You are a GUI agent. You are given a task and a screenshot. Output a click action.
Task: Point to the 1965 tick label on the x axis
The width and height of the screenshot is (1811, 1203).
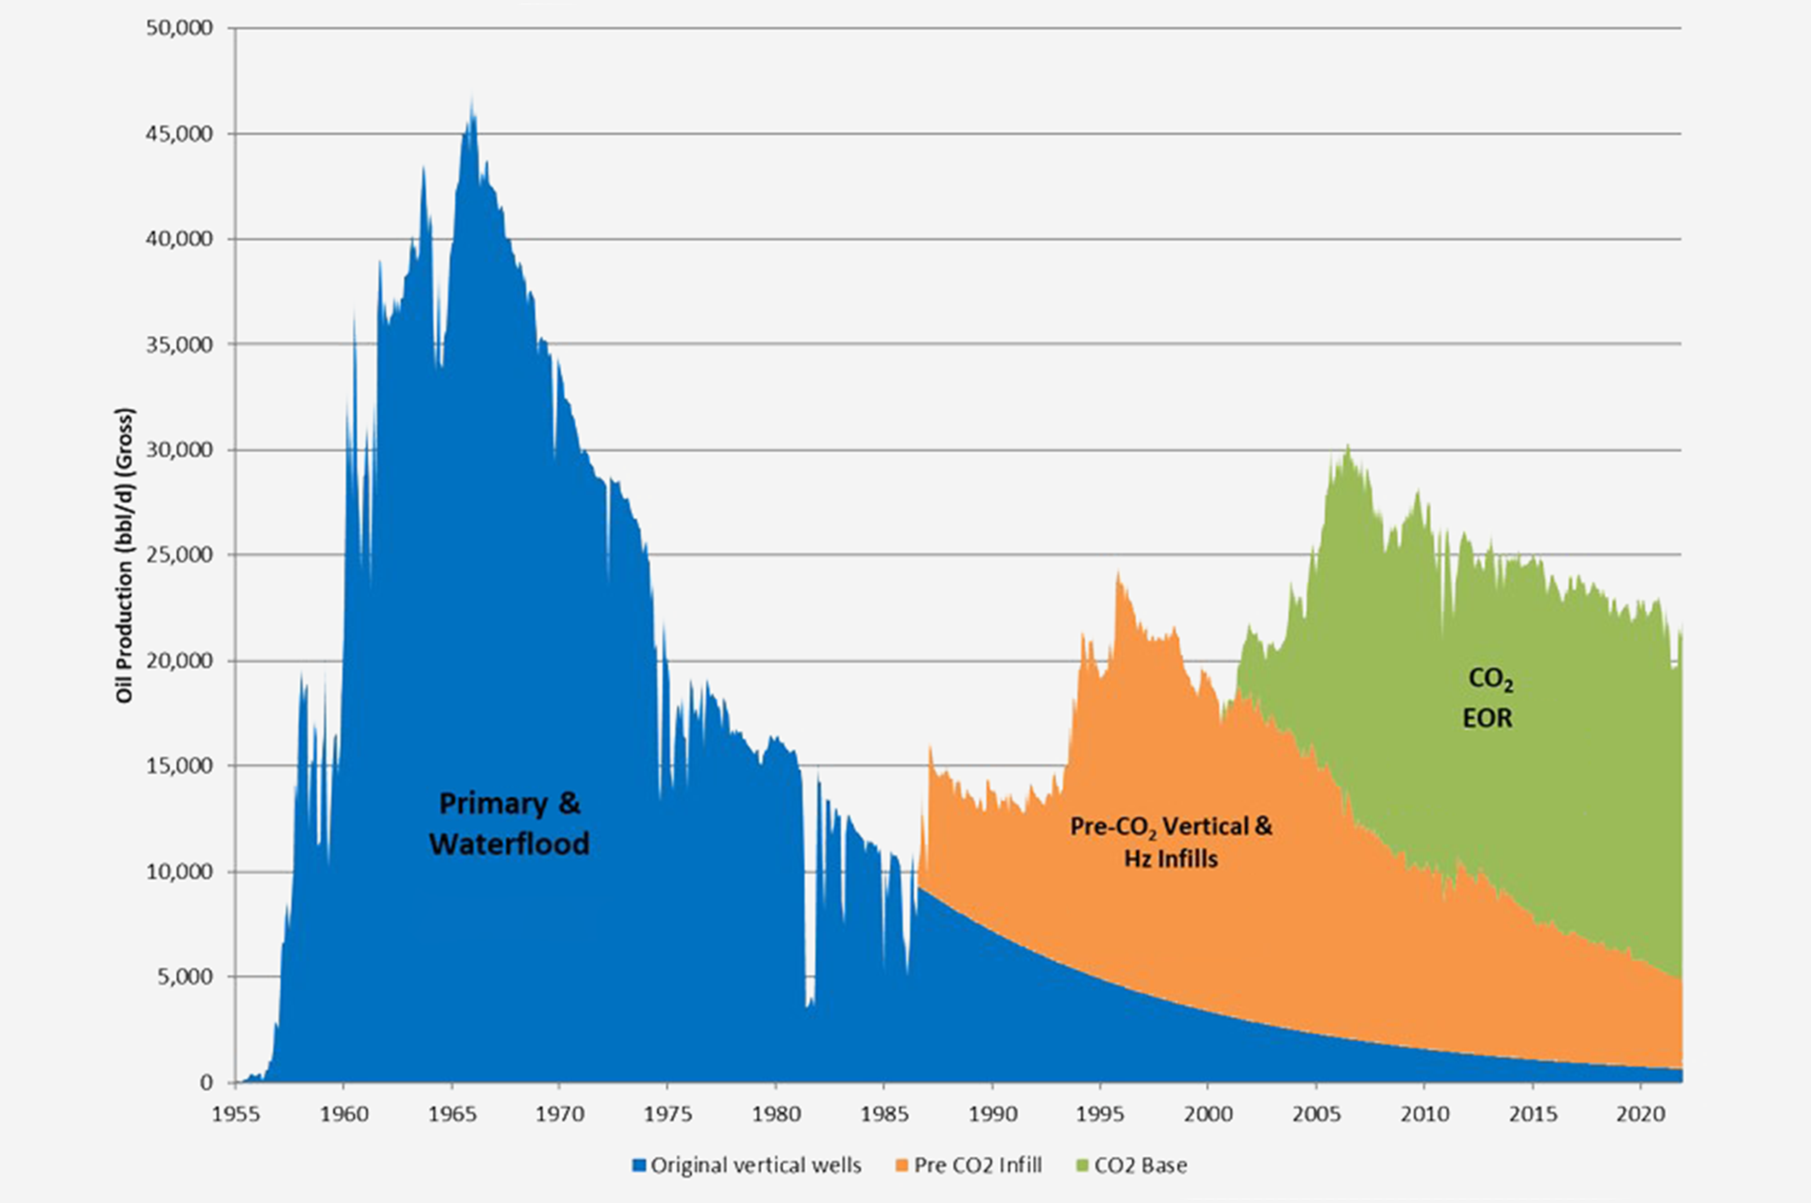[452, 1113]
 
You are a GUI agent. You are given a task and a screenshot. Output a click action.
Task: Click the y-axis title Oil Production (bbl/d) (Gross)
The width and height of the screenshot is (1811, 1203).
[125, 556]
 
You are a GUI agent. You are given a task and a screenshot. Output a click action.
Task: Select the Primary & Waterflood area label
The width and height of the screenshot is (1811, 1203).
[509, 823]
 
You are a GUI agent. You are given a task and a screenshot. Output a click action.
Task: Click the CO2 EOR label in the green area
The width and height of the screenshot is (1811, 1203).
[1489, 698]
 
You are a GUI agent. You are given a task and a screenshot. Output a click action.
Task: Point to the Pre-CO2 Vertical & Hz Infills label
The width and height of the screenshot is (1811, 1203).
[1171, 841]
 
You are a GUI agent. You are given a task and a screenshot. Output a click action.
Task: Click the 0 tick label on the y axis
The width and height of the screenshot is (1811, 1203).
[207, 1083]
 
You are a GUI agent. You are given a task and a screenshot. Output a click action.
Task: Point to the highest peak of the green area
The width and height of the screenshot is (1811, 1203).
[1348, 446]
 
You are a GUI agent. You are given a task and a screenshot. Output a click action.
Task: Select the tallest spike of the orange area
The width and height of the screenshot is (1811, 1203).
[1118, 572]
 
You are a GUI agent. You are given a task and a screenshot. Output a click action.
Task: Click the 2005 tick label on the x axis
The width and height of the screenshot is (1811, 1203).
[1317, 1113]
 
